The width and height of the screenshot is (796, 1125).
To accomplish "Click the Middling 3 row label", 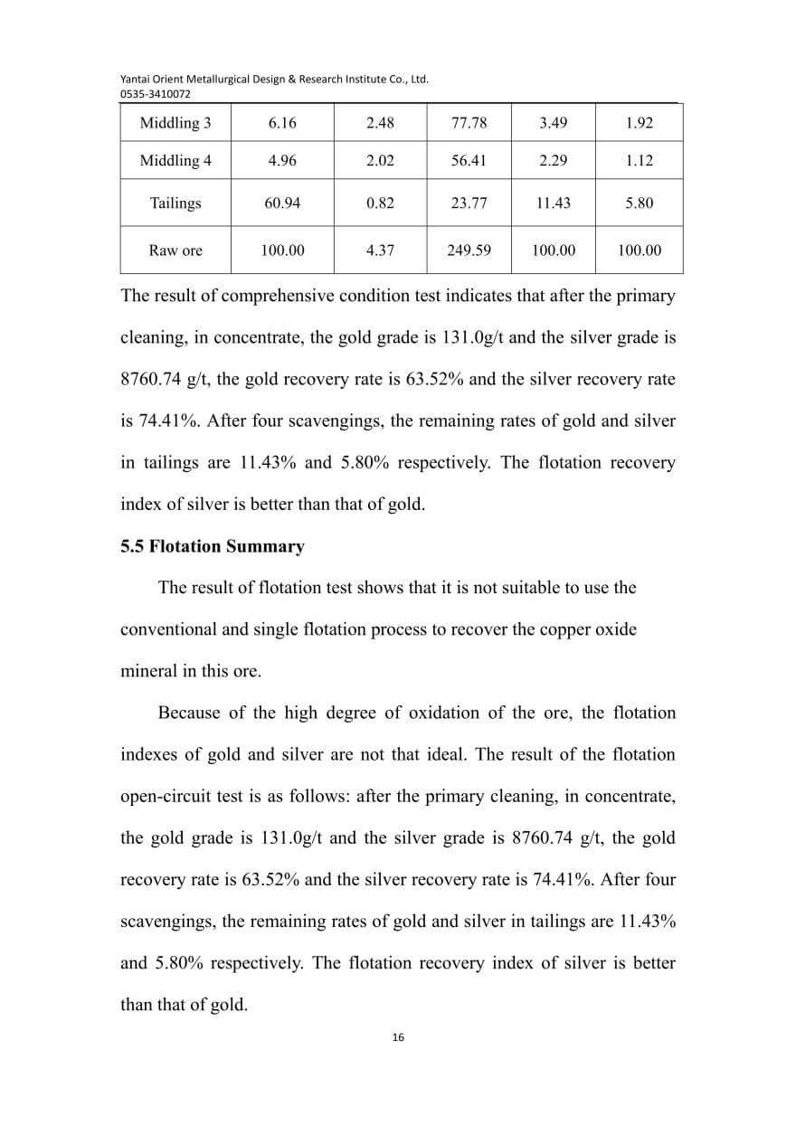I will coord(175,123).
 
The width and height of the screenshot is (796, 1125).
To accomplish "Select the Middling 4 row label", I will coord(175,161).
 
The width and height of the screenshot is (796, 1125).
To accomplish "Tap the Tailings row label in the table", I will coord(175,203).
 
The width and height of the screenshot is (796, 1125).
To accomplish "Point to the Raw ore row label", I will coord(175,251).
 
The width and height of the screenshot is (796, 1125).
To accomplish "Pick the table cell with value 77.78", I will coord(469,123).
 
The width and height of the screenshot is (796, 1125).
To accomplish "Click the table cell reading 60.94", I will coord(282,203).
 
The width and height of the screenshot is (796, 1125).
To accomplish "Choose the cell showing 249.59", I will coord(469,251).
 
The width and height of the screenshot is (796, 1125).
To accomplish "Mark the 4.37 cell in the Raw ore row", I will coord(380,251).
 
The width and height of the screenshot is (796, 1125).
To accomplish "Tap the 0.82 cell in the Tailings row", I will coord(380,203).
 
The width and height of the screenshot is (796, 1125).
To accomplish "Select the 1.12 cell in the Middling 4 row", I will coord(639,161).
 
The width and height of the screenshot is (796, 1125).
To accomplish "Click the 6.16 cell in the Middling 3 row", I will coord(282,123).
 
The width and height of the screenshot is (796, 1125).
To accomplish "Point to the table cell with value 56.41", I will coord(469,161).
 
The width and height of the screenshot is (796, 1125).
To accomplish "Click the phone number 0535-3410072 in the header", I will coord(156,93).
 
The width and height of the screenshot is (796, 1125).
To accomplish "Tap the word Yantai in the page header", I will coord(137,79).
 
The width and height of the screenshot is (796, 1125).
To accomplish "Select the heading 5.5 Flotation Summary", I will coord(213,546).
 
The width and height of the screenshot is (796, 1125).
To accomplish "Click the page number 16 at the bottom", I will coord(398,1037).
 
